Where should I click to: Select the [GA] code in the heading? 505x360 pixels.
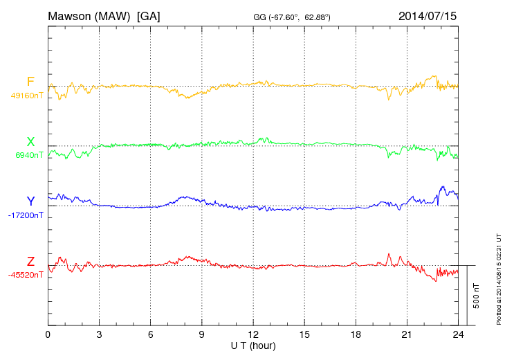(149, 15)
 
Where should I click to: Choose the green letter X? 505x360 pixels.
(30, 142)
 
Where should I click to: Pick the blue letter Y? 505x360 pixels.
(30, 201)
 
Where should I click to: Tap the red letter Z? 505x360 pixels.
(30, 261)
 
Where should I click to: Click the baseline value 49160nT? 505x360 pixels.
(26, 96)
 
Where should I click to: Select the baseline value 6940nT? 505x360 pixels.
(29, 155)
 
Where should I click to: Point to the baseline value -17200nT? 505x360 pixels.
(26, 215)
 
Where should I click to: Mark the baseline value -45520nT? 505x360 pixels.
(26, 275)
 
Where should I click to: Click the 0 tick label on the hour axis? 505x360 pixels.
(48, 334)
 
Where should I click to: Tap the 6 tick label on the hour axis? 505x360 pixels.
(151, 334)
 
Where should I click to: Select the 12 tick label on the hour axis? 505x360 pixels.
(253, 334)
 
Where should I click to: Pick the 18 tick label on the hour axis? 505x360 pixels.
(356, 334)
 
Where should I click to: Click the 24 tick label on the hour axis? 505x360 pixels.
(458, 334)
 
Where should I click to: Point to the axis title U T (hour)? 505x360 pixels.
(253, 345)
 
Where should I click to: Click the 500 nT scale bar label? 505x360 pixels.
(476, 296)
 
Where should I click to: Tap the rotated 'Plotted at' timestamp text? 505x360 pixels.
(498, 279)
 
